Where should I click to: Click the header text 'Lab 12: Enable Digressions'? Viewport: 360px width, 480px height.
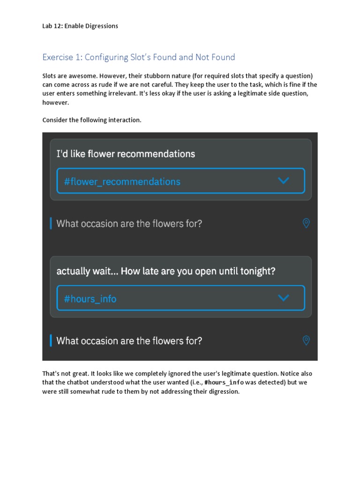tap(80, 26)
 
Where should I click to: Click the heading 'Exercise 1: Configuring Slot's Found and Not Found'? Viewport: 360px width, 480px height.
tap(139, 57)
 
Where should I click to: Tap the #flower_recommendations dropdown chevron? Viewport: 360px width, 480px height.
tap(284, 180)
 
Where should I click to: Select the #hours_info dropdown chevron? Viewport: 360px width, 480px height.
tap(284, 298)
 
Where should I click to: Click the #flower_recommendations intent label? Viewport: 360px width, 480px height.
tap(122, 181)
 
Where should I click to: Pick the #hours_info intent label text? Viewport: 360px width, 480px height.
tap(90, 299)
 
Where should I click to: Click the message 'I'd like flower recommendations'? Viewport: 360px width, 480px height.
tap(126, 154)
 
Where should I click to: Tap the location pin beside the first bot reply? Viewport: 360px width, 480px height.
tap(306, 224)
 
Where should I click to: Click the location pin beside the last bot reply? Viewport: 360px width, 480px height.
tap(306, 340)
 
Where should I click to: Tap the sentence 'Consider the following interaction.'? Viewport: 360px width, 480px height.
tap(92, 120)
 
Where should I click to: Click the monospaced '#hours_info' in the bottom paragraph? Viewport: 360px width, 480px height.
tap(224, 382)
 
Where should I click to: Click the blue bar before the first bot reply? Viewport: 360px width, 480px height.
tap(51, 224)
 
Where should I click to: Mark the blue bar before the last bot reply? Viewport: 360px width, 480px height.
tap(51, 340)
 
